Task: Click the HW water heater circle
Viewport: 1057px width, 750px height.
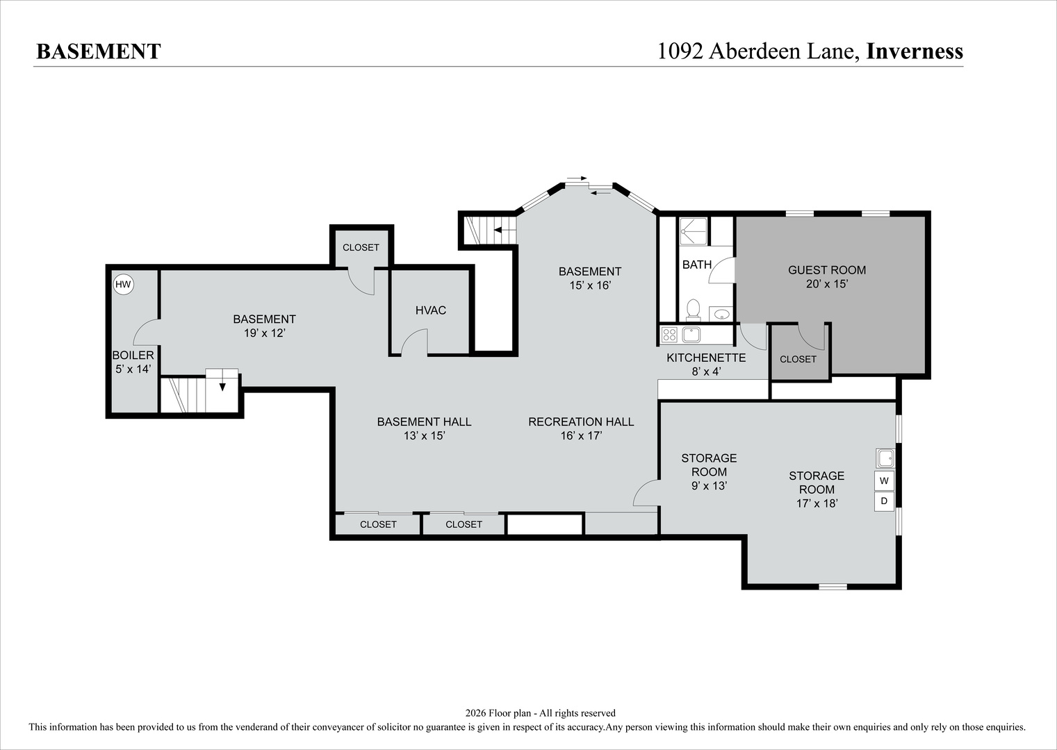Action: (123, 284)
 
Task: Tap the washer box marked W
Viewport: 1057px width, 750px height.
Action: (884, 481)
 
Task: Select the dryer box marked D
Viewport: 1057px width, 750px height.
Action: (884, 501)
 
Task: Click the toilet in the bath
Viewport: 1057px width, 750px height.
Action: (693, 309)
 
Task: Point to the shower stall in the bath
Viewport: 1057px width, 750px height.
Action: (693, 231)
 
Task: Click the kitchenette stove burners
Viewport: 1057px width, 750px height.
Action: (670, 335)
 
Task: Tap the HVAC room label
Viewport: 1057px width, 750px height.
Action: (430, 310)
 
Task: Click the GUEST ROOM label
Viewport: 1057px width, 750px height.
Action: (827, 270)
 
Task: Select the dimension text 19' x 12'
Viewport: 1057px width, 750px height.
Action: (265, 333)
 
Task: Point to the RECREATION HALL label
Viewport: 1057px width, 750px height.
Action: (581, 422)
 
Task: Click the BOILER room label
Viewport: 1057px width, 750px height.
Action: (133, 355)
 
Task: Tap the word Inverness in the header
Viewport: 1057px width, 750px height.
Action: (915, 51)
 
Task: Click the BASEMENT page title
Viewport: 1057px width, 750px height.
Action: (99, 51)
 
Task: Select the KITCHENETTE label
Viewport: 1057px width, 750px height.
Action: (706, 358)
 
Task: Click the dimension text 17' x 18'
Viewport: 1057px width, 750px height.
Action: (817, 503)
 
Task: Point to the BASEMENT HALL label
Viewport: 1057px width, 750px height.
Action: (424, 422)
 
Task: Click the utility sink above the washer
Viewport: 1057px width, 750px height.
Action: (885, 458)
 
